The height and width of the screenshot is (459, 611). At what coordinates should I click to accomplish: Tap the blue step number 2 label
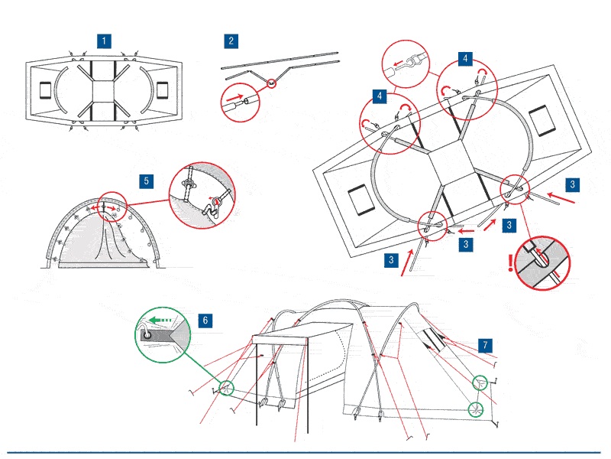231,41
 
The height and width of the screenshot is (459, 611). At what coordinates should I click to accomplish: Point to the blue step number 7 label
486,345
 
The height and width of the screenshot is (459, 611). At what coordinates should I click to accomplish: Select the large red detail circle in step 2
236,100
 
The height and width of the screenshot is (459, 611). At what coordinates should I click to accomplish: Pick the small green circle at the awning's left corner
225,388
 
